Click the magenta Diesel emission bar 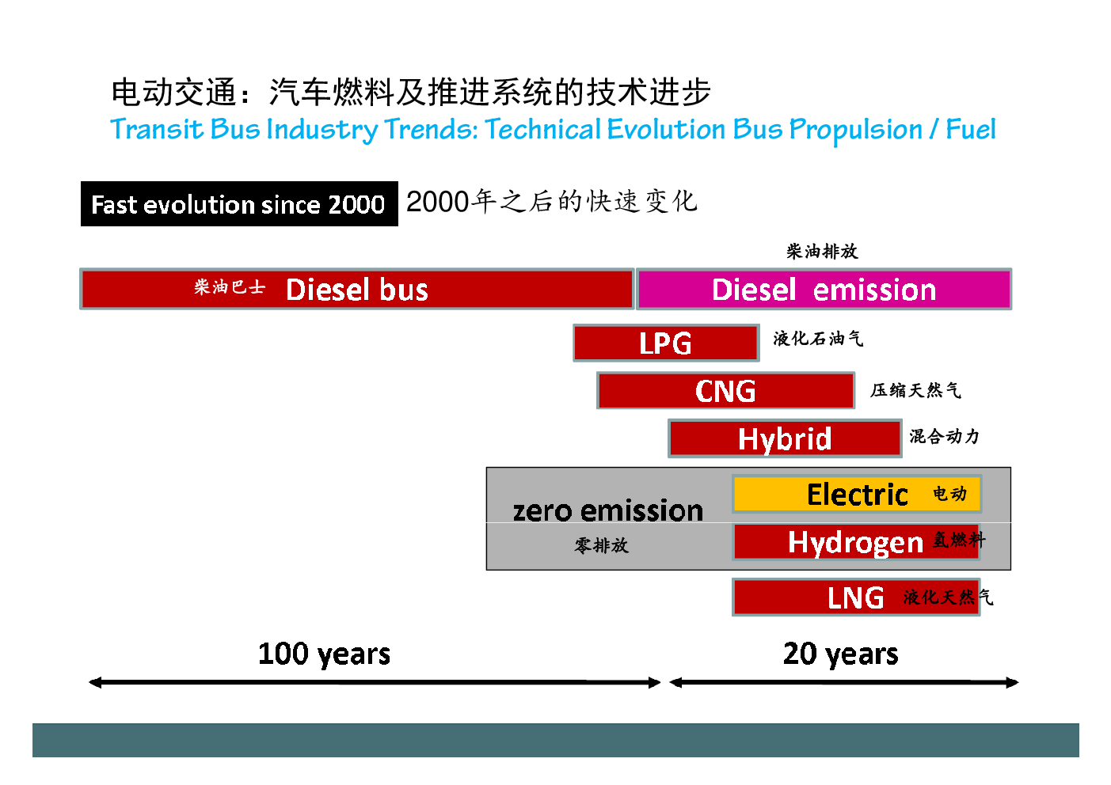pos(824,290)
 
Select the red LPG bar pos(666,343)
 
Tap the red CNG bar pos(725,390)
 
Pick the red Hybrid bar pos(785,438)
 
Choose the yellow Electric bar pos(857,494)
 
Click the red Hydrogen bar pos(856,542)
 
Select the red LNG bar pos(856,597)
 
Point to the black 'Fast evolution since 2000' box pos(239,204)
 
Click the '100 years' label pos(325,654)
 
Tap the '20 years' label pos(841,654)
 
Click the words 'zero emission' pos(608,510)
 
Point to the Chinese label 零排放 pos(602,546)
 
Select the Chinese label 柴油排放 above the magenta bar pos(822,252)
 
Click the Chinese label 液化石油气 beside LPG pos(818,339)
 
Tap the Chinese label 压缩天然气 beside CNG pos(915,390)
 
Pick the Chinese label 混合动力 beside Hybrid pos(945,437)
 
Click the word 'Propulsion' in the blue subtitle pos(855,131)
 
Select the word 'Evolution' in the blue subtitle pos(667,129)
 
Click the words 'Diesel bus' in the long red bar pos(357,290)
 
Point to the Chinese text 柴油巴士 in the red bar pos(230,287)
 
